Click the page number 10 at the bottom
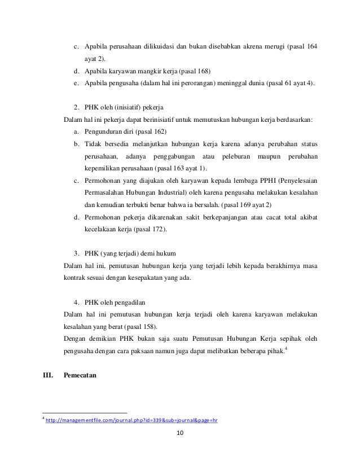180,433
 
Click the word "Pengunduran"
106,131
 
